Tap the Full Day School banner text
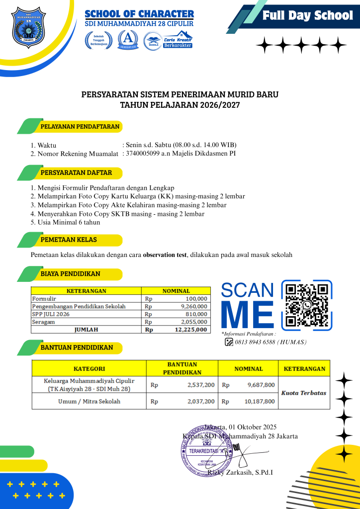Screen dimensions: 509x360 307,15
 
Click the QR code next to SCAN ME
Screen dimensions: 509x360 307,305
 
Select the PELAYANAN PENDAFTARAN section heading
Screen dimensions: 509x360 80,126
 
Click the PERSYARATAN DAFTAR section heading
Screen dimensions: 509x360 76,173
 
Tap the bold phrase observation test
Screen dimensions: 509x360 165,255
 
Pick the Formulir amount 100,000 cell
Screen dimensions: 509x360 196,299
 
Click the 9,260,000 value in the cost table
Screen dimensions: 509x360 194,306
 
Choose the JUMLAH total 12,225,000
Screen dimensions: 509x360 189,330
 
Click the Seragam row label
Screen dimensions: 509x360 43,322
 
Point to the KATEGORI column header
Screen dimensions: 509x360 89,369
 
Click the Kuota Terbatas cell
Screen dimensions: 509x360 304,393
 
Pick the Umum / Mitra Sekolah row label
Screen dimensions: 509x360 89,401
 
